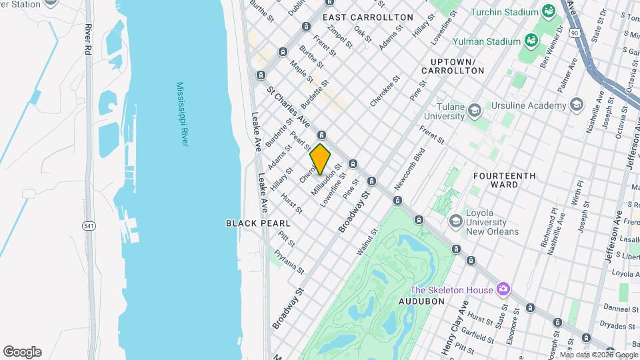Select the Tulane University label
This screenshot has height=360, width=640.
441,111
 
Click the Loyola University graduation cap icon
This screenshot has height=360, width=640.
456,220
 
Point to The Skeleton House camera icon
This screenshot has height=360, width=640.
503,289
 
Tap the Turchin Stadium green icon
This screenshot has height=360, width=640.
548,12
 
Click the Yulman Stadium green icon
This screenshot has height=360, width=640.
531,41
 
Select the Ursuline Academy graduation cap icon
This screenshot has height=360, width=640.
577,105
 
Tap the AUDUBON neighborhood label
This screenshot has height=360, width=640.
421,301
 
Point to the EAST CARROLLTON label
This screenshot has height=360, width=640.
368,17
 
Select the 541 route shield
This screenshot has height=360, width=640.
89,227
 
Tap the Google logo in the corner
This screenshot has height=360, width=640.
22,352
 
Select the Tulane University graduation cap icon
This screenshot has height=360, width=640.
474,110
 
